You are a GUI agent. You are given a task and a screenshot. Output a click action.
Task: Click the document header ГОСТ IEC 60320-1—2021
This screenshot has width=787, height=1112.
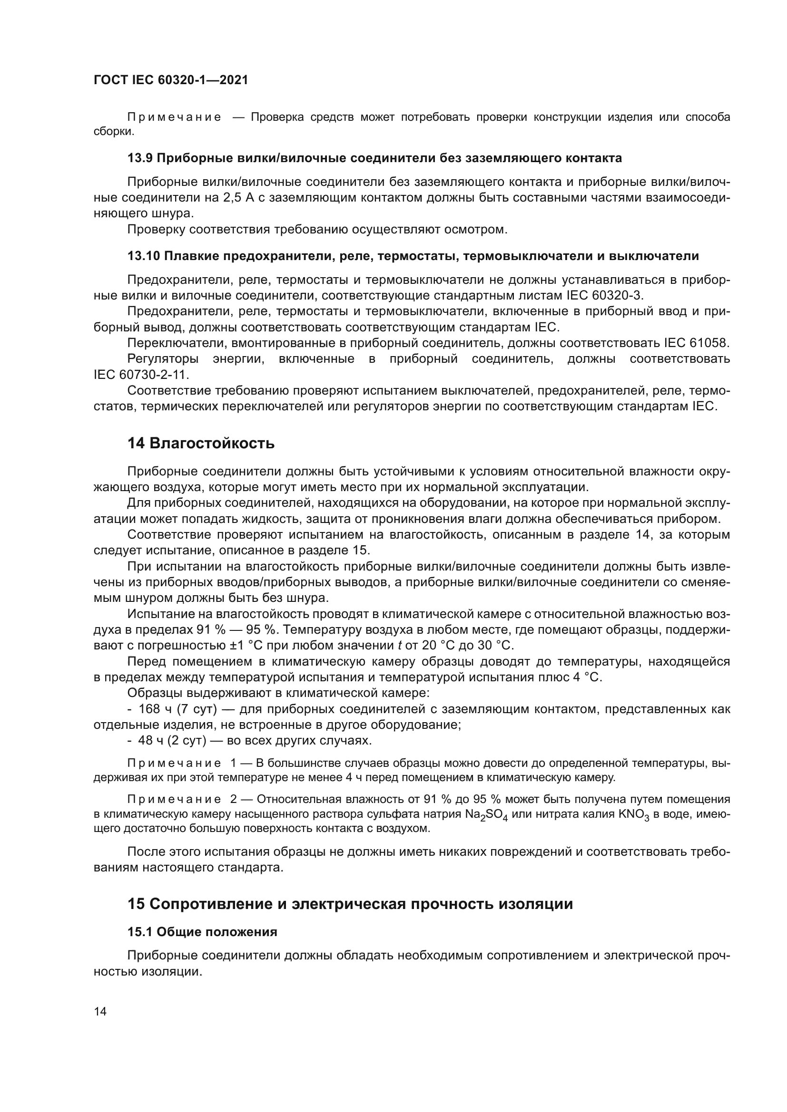pos(171,80)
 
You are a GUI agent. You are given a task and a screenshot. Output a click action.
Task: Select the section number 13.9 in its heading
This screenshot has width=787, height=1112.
pos(139,158)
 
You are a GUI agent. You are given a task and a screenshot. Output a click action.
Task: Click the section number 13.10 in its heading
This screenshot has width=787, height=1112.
pos(143,256)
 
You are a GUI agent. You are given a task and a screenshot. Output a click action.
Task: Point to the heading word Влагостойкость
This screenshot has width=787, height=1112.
pos(212,443)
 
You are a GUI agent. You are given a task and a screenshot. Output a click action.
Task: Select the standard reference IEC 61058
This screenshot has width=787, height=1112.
pos(695,343)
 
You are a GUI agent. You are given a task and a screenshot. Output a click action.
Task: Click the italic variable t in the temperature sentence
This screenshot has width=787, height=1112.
pos(400,646)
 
